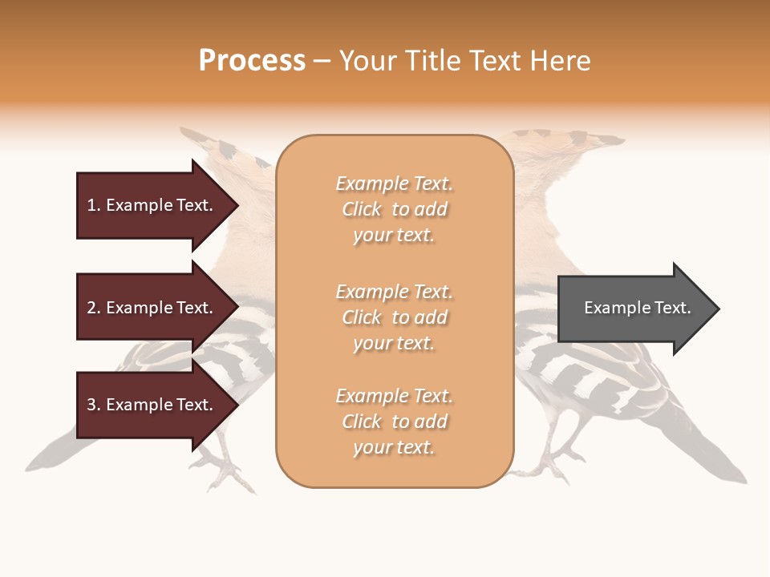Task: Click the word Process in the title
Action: coord(252,61)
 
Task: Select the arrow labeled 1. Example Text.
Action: coord(152,205)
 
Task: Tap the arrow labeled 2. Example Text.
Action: coord(152,308)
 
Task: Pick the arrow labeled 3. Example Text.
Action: coord(152,405)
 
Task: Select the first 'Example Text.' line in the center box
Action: coord(394,184)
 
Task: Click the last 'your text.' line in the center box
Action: coord(394,447)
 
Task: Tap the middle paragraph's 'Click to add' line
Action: coord(394,317)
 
